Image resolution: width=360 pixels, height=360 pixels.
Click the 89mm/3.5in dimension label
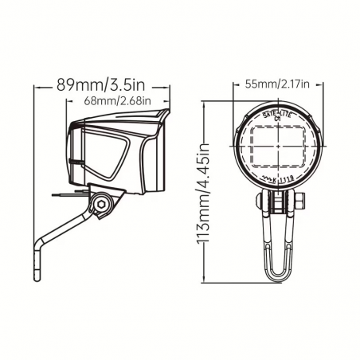point(100,81)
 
